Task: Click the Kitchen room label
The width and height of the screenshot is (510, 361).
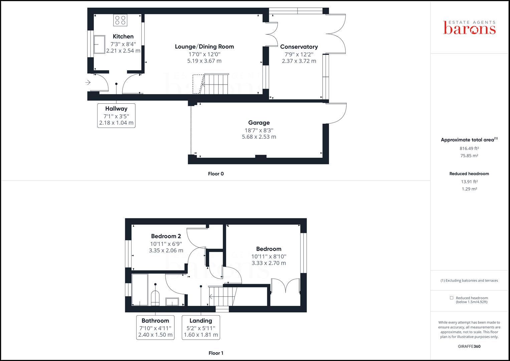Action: [x=123, y=36]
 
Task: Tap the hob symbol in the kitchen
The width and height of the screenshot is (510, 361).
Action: [x=120, y=20]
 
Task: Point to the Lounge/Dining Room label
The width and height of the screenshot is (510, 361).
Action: [x=204, y=46]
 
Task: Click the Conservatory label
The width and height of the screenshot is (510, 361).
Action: [x=299, y=47]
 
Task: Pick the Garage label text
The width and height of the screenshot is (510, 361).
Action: [x=259, y=123]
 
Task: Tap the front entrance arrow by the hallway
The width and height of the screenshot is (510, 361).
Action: [x=88, y=82]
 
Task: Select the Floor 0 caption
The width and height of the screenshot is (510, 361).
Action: [x=216, y=174]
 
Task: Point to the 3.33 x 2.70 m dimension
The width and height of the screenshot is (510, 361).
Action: [x=269, y=263]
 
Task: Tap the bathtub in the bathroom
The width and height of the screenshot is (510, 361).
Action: [x=140, y=289]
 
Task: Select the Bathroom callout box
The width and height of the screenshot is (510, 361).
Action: [x=155, y=327]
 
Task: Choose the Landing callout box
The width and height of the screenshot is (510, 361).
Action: [x=201, y=327]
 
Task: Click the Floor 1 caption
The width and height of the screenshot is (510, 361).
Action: [x=216, y=353]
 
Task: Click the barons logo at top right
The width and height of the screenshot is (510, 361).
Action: [x=469, y=28]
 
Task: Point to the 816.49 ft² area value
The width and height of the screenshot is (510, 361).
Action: [x=469, y=148]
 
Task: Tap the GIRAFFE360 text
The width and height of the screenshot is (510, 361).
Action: [x=469, y=346]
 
